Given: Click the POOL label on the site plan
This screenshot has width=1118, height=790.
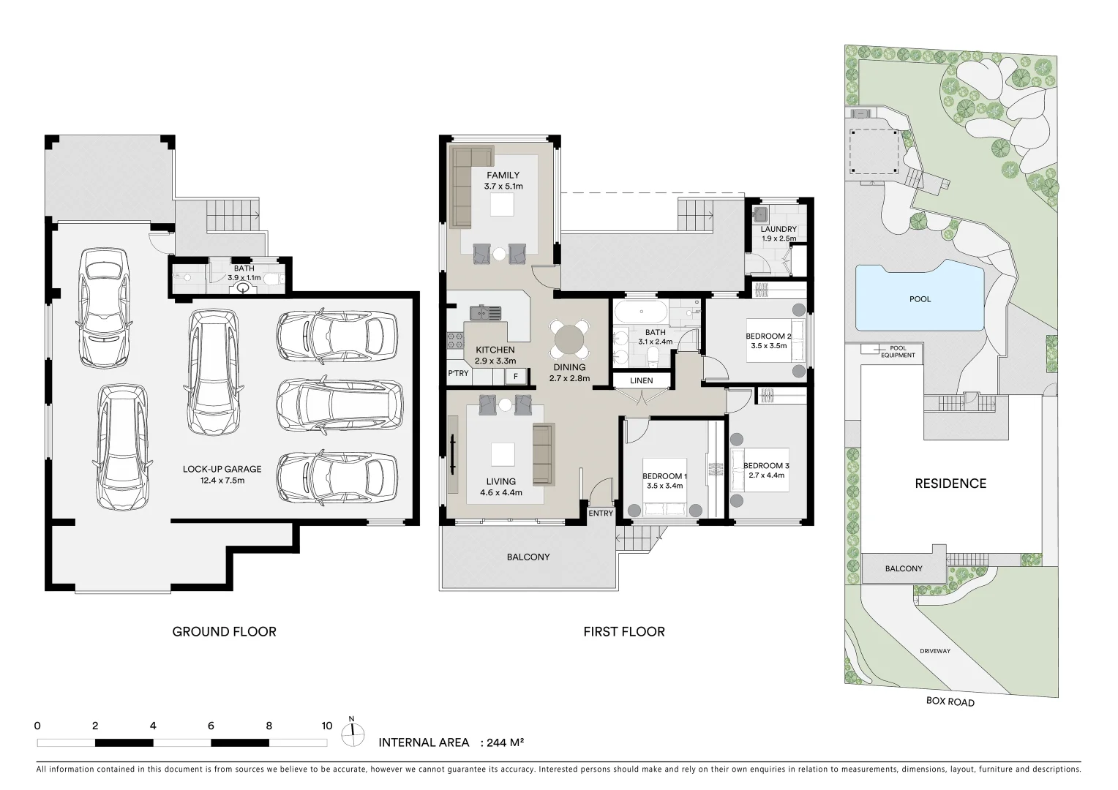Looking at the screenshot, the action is point(920,299).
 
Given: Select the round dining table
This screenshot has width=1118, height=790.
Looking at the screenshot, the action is point(569,339).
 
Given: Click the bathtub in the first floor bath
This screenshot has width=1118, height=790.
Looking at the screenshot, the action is point(640,312).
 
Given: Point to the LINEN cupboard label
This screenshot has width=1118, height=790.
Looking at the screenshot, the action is point(642,380).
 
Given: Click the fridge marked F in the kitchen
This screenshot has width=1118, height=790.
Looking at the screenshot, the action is point(516,377).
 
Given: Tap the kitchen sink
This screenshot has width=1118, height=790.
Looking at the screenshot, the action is point(485,313).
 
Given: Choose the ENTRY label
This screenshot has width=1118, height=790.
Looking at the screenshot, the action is point(601,513).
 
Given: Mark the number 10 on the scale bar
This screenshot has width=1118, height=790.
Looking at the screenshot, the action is point(327,726).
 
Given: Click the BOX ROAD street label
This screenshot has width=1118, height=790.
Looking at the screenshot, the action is point(950,701).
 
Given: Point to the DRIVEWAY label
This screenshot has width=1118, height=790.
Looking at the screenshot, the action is point(935,651).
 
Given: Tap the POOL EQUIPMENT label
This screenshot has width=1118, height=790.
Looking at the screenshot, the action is point(898,352).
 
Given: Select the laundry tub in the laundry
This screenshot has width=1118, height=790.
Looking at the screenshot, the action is point(761,214).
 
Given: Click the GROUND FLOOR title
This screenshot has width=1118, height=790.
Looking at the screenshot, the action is point(224,632).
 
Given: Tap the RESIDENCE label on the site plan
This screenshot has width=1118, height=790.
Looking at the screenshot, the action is point(950,483).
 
